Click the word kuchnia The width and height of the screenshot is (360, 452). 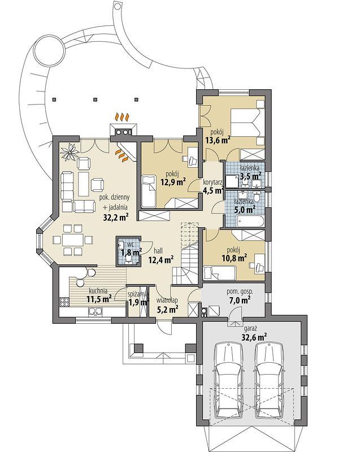[x=98, y=290]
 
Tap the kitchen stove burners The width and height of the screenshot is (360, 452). [x=64, y=302]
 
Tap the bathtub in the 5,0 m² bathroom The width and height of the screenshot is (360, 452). [x=250, y=221]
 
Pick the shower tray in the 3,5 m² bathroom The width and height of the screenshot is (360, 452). [x=232, y=181]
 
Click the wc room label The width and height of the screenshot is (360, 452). [x=131, y=244]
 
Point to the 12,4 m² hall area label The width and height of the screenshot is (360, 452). [x=161, y=260]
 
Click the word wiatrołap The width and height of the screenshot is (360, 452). [x=167, y=300]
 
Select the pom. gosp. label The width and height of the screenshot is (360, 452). [x=240, y=292]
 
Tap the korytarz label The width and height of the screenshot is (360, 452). [x=212, y=182]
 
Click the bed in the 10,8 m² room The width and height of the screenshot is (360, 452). [x=219, y=273]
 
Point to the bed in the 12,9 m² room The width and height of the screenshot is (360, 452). [x=149, y=190]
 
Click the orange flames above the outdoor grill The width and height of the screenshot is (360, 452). [x=122, y=117]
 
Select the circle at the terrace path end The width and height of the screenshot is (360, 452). [x=49, y=53]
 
